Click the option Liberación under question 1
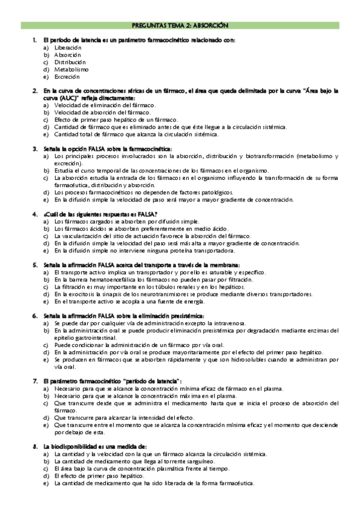coord(67,47)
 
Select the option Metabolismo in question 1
coord(71,69)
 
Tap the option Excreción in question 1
coord(66,77)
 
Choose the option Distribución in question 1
coord(70,62)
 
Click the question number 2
coord(35,91)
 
